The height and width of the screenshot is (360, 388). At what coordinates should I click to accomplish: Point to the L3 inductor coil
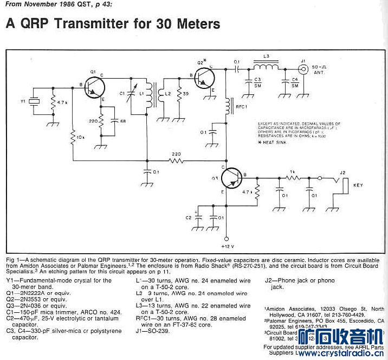pos(267,68)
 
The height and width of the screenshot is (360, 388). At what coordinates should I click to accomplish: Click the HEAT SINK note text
pos(276,142)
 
